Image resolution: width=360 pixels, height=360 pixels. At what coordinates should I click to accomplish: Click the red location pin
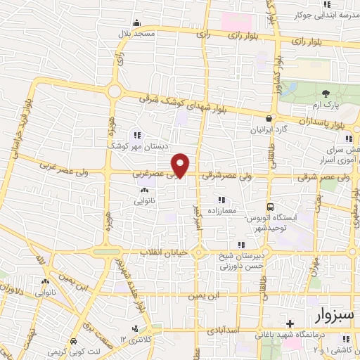click(x=181, y=165)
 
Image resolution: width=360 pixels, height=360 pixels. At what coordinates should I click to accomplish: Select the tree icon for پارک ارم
click(x=325, y=94)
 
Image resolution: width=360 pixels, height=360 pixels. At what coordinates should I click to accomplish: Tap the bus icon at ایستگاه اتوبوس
click(x=270, y=207)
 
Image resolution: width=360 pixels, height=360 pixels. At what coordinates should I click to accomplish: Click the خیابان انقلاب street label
click(x=152, y=252)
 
